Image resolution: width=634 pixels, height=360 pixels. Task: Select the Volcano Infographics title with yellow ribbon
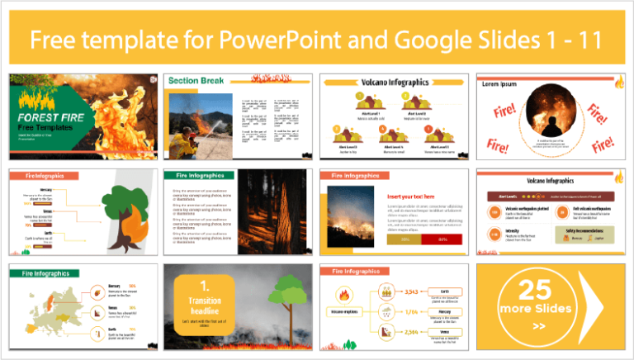click(x=398, y=83)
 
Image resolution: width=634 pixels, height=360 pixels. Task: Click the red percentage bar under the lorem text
click(x=442, y=239)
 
